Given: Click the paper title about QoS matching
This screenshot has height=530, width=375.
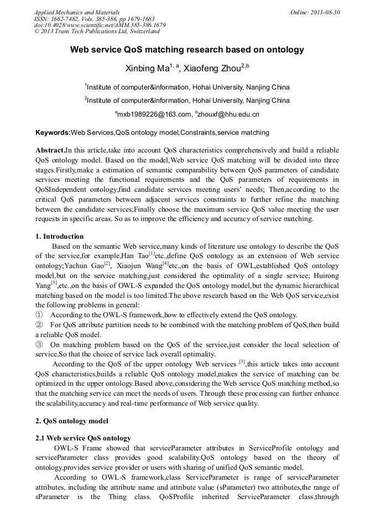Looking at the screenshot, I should (187, 50).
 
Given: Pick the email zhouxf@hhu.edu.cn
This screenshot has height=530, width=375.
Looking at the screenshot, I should (228, 115).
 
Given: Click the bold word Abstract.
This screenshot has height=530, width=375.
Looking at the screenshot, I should (50, 150).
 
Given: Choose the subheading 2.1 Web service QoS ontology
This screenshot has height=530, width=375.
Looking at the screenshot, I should (83, 438).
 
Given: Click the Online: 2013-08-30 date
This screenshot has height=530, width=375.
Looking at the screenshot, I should (315, 12).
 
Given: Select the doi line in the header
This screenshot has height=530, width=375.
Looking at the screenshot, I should (100, 25).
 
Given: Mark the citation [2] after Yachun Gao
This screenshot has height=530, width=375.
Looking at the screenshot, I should (107, 264).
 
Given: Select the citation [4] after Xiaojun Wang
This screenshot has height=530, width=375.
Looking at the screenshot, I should (165, 264).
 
